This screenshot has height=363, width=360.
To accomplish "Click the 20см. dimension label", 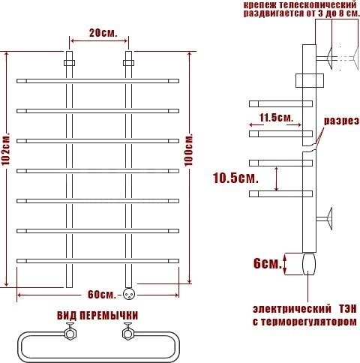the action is [103, 33].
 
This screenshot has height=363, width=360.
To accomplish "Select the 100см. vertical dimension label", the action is [189, 150].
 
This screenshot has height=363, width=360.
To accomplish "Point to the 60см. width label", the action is [102, 295].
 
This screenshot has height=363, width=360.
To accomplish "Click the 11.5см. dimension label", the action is [276, 118].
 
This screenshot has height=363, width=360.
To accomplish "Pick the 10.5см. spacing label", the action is [235, 178].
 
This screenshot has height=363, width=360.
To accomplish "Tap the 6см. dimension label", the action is [268, 263].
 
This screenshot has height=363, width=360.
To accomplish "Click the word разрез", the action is [341, 121].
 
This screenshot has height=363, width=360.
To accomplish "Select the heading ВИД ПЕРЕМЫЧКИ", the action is [97, 316].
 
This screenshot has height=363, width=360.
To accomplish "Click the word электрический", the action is [292, 309].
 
